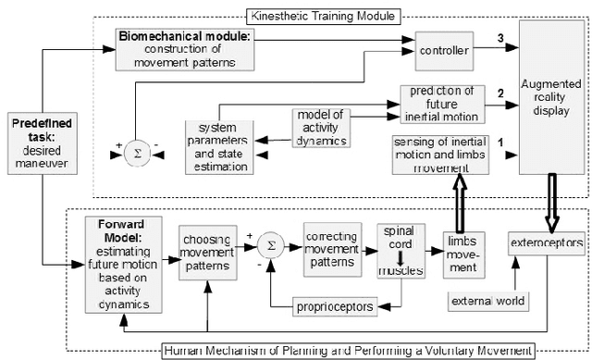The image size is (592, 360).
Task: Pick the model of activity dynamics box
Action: click(x=319, y=126)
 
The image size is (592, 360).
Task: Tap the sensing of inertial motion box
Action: click(x=438, y=151)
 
